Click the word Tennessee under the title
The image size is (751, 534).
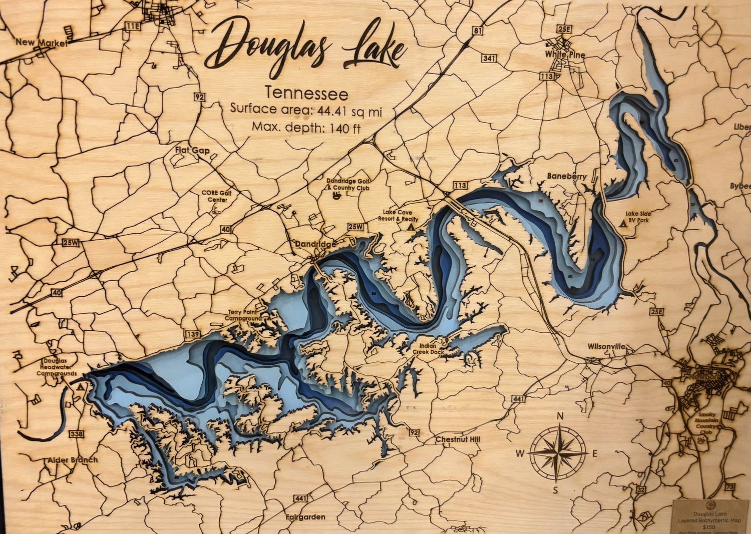306,94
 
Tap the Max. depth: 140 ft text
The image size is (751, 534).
306,127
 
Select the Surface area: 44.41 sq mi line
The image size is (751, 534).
305,110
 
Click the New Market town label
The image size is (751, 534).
41,43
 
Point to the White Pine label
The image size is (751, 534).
565,55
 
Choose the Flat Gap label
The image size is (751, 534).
192,150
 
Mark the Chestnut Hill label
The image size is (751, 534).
457,439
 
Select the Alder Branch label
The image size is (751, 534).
73,460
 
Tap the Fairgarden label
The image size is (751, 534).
305,517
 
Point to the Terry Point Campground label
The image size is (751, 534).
243,315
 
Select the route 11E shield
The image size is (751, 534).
133,26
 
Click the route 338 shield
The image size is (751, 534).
77,434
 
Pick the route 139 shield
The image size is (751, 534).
193,334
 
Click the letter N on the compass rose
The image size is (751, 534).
560,416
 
